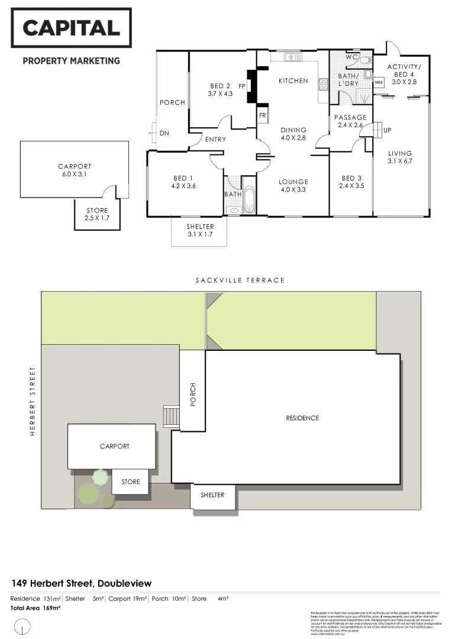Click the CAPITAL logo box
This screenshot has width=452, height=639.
pyautogui.click(x=71, y=28)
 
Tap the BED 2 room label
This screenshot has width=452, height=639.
pyautogui.click(x=220, y=86)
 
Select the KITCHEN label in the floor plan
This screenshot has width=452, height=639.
pyautogui.click(x=293, y=80)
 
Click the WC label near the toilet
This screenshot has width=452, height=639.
pyautogui.click(x=351, y=57)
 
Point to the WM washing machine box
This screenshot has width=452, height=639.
pyautogui.click(x=379, y=82)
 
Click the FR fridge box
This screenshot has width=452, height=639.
pyautogui.click(x=262, y=115)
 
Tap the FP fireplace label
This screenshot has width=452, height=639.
pyautogui.click(x=241, y=86)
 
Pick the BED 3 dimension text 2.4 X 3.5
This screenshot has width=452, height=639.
pyautogui.click(x=351, y=186)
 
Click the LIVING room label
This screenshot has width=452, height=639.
pyautogui.click(x=400, y=153)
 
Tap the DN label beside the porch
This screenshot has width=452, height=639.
pyautogui.click(x=164, y=133)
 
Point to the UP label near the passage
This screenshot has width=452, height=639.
pyautogui.click(x=388, y=130)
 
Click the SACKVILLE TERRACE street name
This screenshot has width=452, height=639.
pyautogui.click(x=240, y=280)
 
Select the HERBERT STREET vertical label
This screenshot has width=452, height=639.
pyautogui.click(x=33, y=401)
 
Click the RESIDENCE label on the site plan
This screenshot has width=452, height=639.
pyautogui.click(x=302, y=418)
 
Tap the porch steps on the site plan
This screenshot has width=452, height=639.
pyautogui.click(x=171, y=417)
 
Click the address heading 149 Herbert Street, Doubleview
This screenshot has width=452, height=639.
pyautogui.click(x=81, y=583)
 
